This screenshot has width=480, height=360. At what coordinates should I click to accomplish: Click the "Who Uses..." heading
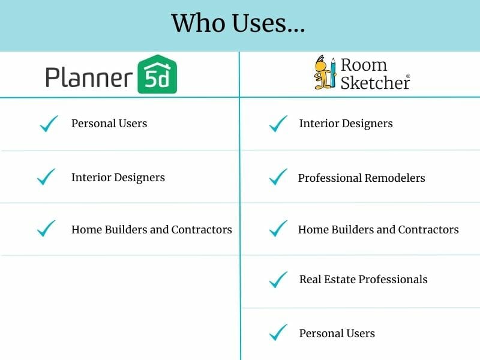pyautogui.click(x=238, y=23)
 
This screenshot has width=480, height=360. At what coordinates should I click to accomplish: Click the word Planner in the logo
pyautogui.click(x=89, y=77)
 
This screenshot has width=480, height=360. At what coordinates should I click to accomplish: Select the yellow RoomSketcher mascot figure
pyautogui.click(x=324, y=73)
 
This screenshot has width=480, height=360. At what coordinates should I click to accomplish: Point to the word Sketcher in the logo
pyautogui.click(x=374, y=82)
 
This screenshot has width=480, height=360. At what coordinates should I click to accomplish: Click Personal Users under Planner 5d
pyautogui.click(x=109, y=124)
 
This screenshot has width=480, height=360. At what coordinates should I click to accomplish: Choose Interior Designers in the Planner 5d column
pyautogui.click(x=118, y=177)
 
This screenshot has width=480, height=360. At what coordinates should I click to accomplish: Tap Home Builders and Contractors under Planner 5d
pyautogui.click(x=151, y=229)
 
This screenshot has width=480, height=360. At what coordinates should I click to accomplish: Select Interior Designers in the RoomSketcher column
pyautogui.click(x=346, y=124)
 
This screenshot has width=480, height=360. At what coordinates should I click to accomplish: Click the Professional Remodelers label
pyautogui.click(x=361, y=178)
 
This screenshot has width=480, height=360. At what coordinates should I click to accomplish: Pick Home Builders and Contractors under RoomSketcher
pyautogui.click(x=378, y=229)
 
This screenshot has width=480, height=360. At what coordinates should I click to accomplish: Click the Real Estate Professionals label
pyautogui.click(x=363, y=279)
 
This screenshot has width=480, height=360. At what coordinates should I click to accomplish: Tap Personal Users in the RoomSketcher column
pyautogui.click(x=337, y=333)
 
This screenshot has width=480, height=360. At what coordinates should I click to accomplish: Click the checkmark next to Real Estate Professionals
pyautogui.click(x=278, y=279)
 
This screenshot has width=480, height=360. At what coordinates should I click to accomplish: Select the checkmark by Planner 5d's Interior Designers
pyautogui.click(x=46, y=177)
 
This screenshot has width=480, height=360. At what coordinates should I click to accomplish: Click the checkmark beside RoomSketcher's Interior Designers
pyautogui.click(x=278, y=124)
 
